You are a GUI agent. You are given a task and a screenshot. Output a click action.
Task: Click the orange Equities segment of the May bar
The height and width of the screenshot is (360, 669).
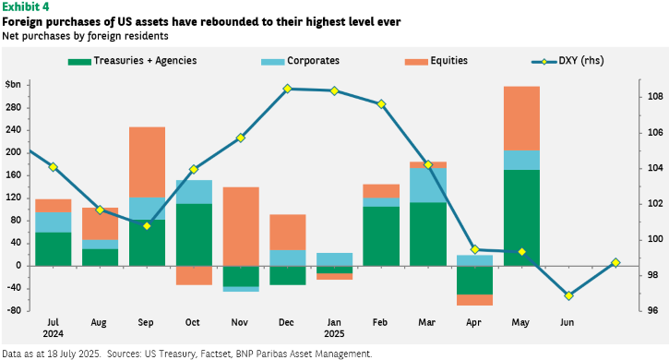521,118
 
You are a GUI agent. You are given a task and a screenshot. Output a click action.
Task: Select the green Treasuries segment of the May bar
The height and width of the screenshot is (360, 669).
521,218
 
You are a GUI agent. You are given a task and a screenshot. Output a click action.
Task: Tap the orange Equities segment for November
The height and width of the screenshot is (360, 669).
241,226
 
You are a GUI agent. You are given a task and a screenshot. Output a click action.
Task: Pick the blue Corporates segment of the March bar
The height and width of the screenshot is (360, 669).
428,185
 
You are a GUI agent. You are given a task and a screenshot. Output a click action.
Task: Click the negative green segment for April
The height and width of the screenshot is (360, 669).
475,280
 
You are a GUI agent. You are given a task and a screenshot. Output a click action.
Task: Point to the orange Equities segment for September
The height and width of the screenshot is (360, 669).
148,162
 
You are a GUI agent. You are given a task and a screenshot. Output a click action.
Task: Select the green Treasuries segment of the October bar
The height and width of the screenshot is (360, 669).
194,234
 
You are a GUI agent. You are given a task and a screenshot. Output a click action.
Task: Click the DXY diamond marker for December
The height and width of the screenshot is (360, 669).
287,89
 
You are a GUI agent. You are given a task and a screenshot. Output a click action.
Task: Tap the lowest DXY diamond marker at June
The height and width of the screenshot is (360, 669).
568,295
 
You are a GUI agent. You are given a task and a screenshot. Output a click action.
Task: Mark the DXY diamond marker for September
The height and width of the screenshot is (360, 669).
148,226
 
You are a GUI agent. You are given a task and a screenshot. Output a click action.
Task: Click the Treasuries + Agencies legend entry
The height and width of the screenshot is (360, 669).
132,61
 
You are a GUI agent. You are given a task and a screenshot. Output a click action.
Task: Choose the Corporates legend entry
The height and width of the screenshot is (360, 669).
301,61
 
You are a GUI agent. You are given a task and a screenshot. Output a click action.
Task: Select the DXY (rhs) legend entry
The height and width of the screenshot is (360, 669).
567,61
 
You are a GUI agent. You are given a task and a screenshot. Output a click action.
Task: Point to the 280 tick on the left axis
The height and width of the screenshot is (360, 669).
13,107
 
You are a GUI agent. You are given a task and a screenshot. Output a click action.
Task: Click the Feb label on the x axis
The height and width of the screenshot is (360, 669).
380,322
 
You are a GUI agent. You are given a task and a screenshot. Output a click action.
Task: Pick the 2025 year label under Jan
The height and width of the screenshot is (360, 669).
334,333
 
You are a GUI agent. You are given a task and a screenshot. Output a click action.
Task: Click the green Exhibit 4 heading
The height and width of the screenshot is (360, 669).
26,7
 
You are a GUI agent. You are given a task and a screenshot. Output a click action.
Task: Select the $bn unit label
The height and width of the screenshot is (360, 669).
13,85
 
